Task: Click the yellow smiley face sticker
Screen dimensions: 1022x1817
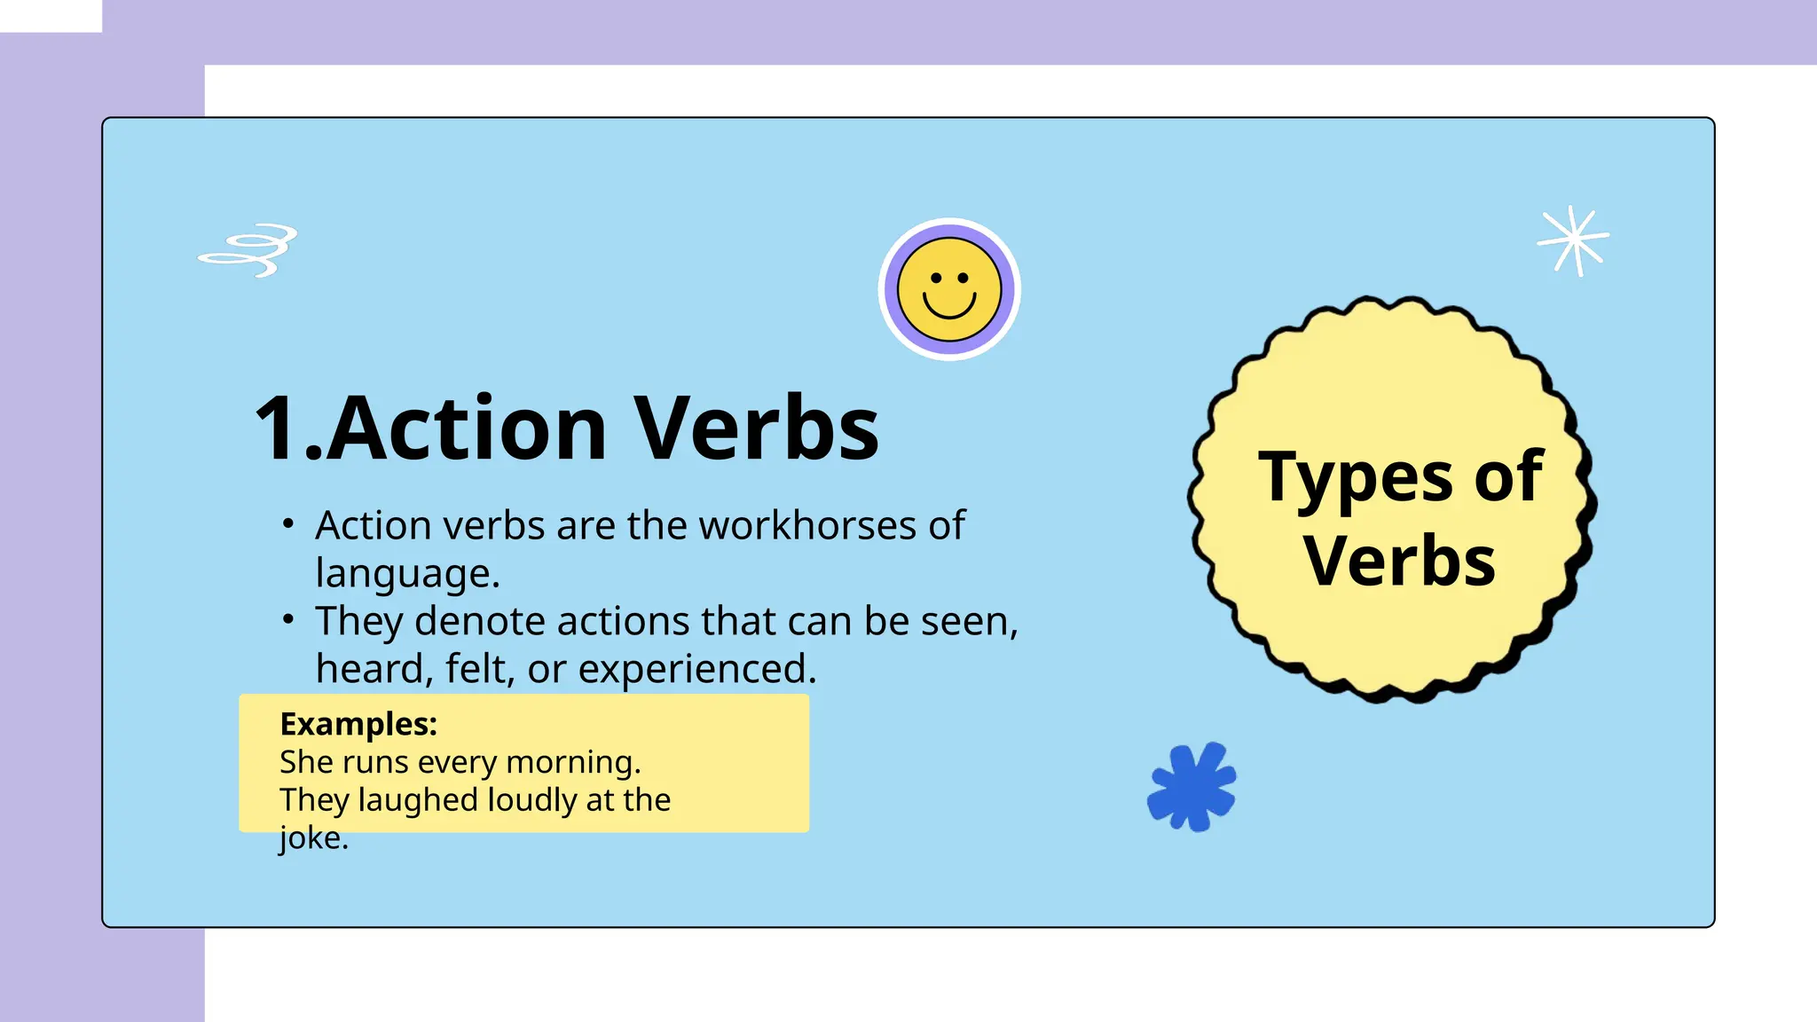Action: click(949, 289)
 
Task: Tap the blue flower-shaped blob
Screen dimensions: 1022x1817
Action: click(1192, 787)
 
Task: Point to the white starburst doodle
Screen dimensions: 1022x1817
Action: click(1573, 240)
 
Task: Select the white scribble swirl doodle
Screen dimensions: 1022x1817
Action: click(248, 249)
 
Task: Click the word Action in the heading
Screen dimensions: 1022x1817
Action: click(468, 428)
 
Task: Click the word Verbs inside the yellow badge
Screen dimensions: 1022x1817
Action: click(1399, 562)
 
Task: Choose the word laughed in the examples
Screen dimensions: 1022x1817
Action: click(418, 800)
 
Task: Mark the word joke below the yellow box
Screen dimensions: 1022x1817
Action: click(309, 838)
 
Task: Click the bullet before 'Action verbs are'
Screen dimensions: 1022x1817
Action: click(287, 523)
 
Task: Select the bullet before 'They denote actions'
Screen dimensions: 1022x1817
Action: click(287, 619)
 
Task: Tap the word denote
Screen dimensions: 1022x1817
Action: click(479, 621)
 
